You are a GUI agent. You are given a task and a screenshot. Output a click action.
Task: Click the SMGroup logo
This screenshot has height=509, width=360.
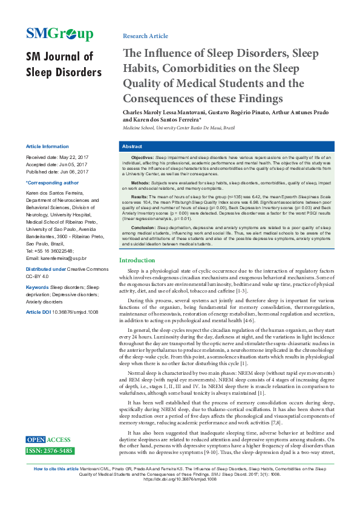coord(59,34)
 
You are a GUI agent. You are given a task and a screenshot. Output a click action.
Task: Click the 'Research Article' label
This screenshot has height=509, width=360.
coord(145,36)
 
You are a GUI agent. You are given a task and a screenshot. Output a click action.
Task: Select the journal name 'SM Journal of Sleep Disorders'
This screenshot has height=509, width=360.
coord(63,65)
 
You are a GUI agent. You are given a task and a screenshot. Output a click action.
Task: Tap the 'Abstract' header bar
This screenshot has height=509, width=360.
coord(234,147)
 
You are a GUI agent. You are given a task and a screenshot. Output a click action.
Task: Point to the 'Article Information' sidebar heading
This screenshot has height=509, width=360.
coord(47,147)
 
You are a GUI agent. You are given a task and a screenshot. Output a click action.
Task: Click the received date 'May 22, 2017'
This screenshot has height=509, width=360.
coord(71,157)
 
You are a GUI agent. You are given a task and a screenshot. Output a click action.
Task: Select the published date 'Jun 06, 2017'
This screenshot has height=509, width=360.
coord(74,172)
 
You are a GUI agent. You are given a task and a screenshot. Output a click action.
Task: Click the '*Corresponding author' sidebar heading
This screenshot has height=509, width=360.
coord(52,182)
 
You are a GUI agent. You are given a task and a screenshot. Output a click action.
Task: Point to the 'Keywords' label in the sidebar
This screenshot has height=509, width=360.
coord(37,287)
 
